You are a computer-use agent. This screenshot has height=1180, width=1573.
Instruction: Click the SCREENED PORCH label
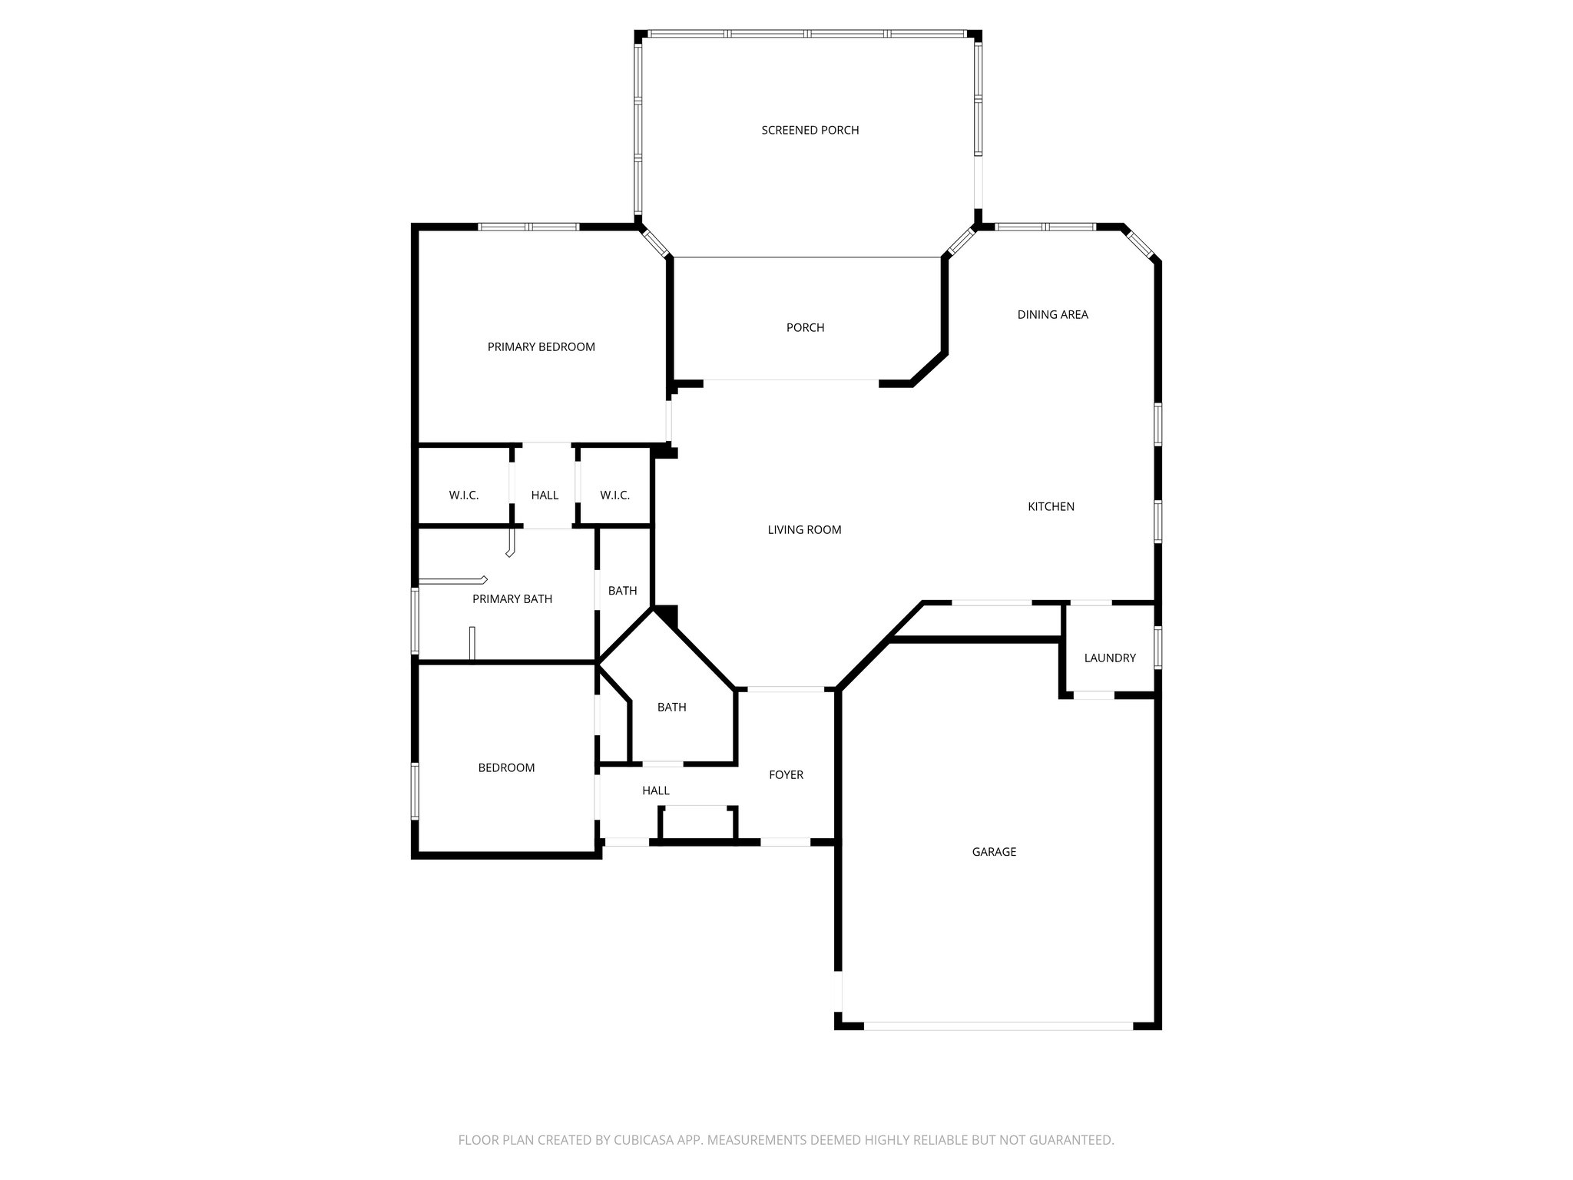pos(810,131)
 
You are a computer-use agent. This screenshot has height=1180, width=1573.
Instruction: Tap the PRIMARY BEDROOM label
pos(541,347)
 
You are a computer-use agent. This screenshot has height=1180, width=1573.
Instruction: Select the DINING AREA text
pos(1052,315)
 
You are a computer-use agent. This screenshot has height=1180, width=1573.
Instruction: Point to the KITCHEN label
pos(1051,507)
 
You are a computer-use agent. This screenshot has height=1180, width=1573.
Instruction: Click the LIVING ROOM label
pos(804,530)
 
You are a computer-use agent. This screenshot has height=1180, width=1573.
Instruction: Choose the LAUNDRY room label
pos(1109,658)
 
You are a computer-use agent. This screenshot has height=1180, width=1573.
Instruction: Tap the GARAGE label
pos(994,852)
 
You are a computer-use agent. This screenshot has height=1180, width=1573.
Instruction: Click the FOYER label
pos(786,775)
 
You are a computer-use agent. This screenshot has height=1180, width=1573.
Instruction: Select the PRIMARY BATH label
pos(512,599)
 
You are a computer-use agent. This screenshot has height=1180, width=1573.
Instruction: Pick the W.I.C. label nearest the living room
pos(614,496)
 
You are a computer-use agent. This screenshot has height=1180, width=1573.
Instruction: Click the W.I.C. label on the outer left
pos(464,496)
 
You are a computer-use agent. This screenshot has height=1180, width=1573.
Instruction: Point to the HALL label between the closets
pos(545,496)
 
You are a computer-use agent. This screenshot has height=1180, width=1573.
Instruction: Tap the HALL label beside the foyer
pos(655,791)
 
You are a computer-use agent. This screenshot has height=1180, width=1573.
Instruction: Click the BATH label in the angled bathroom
pos(671,708)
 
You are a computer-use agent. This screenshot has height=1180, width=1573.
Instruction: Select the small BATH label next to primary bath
pos(622,591)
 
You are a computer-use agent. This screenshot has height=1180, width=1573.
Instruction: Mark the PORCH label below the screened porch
pos(805,328)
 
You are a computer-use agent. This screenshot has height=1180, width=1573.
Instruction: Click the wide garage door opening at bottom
pos(997,1026)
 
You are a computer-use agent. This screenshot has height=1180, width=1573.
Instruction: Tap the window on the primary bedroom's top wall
pos(528,227)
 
